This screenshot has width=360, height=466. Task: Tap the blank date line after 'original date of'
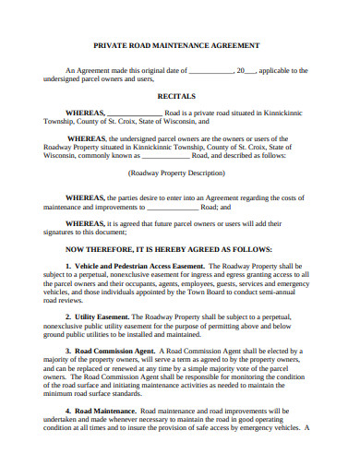click(211, 71)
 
